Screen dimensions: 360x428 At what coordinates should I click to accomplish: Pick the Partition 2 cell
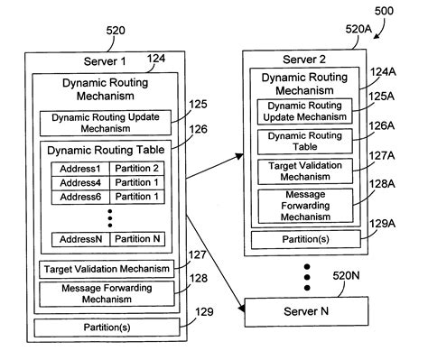click(x=137, y=169)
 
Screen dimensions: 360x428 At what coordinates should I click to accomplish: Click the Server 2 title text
click(x=306, y=60)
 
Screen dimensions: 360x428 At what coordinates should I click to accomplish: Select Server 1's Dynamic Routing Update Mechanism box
click(x=110, y=123)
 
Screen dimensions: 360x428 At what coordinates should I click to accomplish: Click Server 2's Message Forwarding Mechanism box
click(x=305, y=205)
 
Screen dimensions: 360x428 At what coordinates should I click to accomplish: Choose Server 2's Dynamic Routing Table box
click(x=305, y=141)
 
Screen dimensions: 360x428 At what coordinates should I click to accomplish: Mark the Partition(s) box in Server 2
click(x=305, y=239)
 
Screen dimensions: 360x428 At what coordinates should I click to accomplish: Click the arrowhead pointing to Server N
click(x=242, y=313)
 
